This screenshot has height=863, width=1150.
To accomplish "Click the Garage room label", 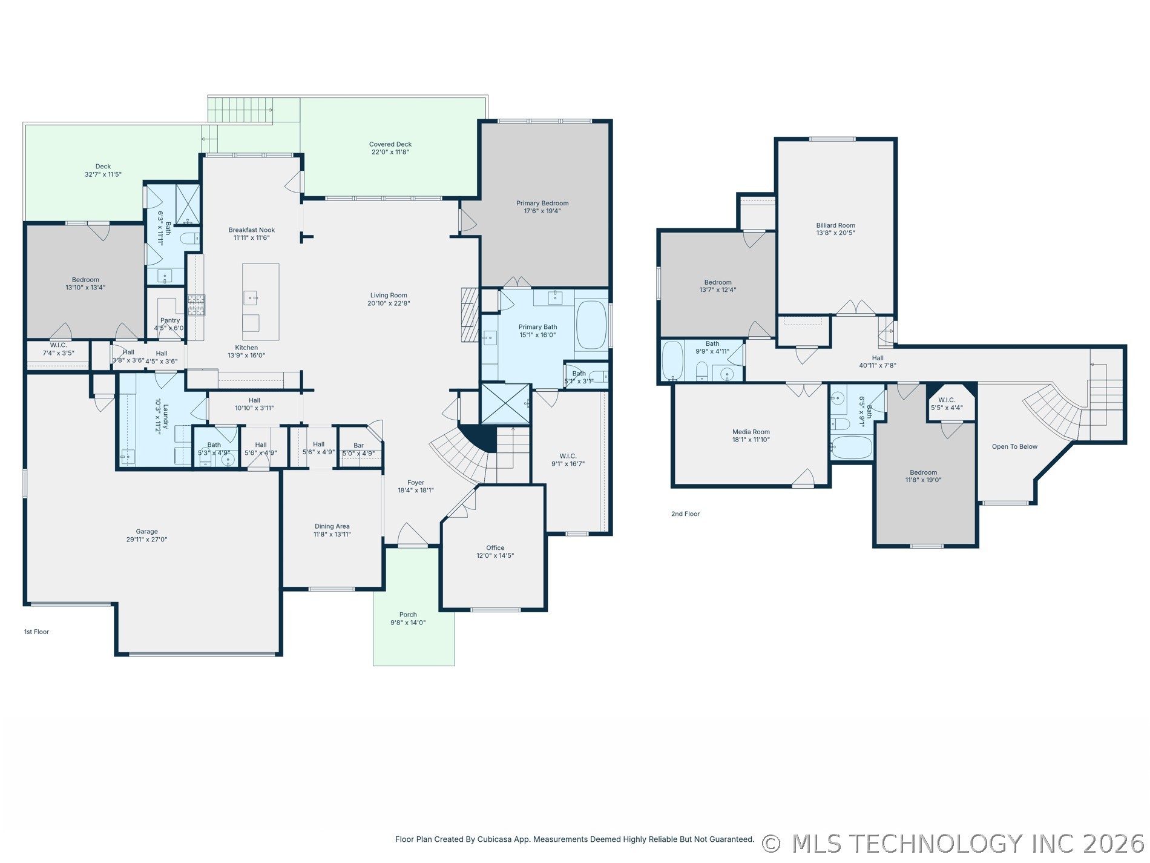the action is [x=146, y=531].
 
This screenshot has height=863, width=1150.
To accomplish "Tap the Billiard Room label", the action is [x=835, y=225].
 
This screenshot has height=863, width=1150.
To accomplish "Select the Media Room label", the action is [x=751, y=432].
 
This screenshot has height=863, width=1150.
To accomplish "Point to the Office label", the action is [x=495, y=547].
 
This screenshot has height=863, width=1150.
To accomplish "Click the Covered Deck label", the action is [x=390, y=144].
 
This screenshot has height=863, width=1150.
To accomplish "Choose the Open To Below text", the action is [x=1014, y=446].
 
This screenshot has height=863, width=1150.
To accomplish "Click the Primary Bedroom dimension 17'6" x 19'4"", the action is [x=542, y=211].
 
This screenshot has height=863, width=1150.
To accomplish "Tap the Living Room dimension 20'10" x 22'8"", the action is [x=389, y=303].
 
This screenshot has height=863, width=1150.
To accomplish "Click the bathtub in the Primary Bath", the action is [x=591, y=325].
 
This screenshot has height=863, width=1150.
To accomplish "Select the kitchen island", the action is [x=261, y=302].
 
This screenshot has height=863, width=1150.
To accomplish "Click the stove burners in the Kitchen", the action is [x=196, y=305].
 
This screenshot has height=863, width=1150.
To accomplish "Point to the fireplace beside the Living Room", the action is [x=470, y=314].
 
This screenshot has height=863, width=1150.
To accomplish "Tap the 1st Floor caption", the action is [x=36, y=632].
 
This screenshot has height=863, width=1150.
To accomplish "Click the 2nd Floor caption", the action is [x=685, y=514].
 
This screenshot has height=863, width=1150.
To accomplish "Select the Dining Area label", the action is [x=332, y=526].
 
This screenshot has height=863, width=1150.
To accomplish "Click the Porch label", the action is [x=408, y=615].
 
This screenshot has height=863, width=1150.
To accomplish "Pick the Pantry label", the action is [x=170, y=320].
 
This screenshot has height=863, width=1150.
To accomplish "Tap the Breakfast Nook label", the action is [x=252, y=230].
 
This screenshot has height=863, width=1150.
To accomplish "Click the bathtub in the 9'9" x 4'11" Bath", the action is [x=672, y=361].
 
